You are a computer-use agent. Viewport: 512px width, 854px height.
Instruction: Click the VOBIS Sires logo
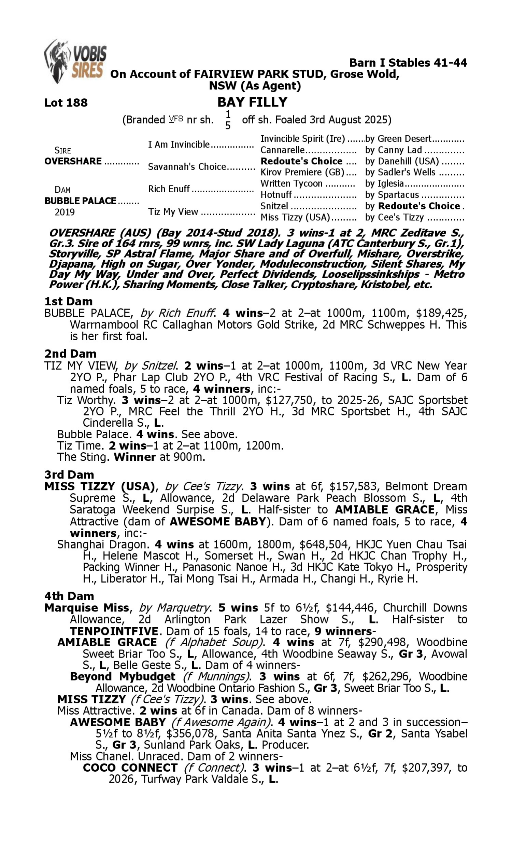click(x=75, y=61)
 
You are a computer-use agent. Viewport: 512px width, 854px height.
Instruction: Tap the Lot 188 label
click(x=66, y=102)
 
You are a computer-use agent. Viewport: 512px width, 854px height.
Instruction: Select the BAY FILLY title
click(x=252, y=102)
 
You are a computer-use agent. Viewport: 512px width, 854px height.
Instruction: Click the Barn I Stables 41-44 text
click(x=408, y=63)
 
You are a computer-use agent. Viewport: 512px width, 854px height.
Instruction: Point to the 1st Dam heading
click(x=68, y=301)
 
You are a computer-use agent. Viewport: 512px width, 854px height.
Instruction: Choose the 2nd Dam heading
click(x=70, y=354)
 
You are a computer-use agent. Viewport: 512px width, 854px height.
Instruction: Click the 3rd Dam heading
click(x=69, y=474)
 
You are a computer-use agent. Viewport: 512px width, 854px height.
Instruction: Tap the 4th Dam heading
click(x=69, y=596)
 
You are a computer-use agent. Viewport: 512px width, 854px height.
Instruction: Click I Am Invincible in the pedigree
click(x=179, y=144)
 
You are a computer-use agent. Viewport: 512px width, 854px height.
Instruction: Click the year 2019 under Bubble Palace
click(x=65, y=212)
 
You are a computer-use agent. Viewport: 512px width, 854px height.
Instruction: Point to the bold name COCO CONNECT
click(x=130, y=768)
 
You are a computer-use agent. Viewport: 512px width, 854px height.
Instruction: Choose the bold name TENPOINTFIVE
click(x=114, y=631)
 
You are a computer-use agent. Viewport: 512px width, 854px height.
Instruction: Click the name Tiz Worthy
click(x=86, y=400)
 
